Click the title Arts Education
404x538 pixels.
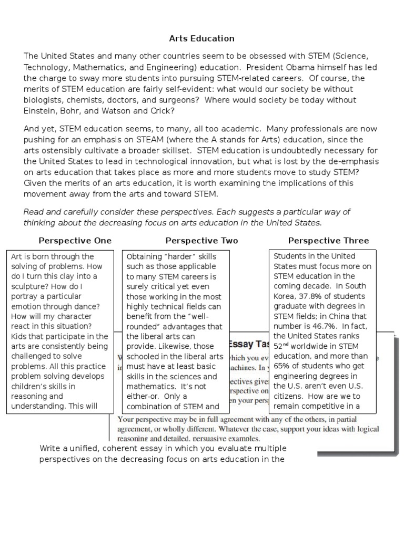coord(201,39)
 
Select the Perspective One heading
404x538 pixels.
coord(75,241)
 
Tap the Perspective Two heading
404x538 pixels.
coord(201,241)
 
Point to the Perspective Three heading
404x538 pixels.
coord(328,241)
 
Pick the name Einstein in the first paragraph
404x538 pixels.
coord(40,110)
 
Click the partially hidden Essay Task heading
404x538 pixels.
coord(250,344)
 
